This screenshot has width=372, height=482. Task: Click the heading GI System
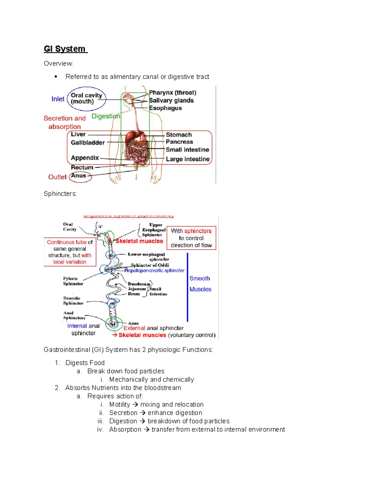pos(65,49)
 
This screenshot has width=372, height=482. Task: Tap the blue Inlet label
pos(58,99)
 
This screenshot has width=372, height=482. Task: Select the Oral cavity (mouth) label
pos(86,98)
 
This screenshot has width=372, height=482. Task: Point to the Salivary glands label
pos(171,101)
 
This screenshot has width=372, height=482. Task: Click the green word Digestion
pos(105,116)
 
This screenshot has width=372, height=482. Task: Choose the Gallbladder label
pos(88,143)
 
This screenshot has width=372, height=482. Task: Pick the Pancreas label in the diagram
pos(179,142)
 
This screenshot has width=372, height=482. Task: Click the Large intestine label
pos(188,159)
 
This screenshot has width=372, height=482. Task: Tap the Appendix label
pos(85,158)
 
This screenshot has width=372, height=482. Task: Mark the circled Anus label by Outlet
pos(79,176)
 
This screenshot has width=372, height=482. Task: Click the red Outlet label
pos(57,177)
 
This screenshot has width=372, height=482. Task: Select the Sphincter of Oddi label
pos(150,265)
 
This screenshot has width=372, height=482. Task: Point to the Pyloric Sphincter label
pos(73,281)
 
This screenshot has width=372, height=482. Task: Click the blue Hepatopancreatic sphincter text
pos(154,271)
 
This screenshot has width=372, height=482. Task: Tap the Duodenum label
pos(139,284)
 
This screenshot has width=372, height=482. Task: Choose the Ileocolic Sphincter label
pos(73,301)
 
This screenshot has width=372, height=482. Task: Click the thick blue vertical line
pos(188,287)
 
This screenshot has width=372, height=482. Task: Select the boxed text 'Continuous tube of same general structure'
pos(70,252)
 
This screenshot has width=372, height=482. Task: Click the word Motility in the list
pos(120,404)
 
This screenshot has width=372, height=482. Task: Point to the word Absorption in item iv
pos(125,430)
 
